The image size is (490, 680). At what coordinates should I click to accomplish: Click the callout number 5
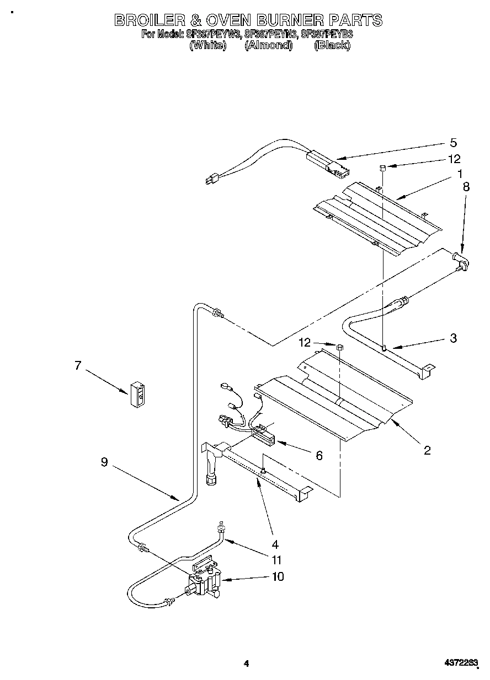pos(453,143)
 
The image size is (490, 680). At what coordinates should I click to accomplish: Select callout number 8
pos(466,187)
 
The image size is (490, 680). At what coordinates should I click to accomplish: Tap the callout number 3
pos(453,338)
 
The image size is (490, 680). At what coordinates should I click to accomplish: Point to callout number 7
pos(78,365)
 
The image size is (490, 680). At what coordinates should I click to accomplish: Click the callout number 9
pos(104,463)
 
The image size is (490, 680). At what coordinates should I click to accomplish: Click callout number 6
pos(319,455)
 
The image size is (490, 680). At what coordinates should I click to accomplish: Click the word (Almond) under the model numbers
pos(268,46)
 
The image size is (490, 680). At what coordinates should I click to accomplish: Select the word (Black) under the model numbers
pos(332,46)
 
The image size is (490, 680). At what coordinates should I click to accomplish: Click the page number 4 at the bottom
pos(247,664)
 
